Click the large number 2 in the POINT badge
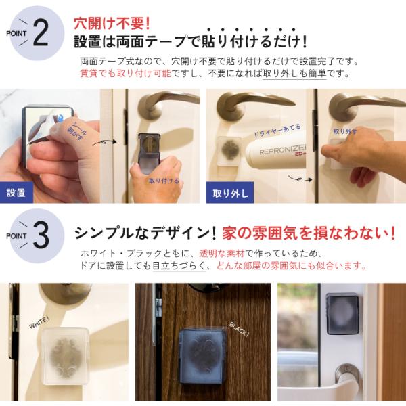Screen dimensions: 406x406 [41, 33]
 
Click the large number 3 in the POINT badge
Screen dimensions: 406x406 [41, 235]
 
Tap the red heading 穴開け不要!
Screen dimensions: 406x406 [112, 24]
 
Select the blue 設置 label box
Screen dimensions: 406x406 [16, 192]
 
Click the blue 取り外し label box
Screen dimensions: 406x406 [230, 193]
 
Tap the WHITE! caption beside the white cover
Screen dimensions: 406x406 [39, 323]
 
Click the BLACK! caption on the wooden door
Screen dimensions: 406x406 [239, 330]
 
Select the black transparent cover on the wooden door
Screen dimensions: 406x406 [201, 357]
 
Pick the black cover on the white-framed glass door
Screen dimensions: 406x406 [342, 314]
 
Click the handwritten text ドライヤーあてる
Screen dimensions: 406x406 [277, 131]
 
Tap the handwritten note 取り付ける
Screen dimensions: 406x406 [164, 181]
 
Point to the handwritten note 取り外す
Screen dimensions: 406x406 [345, 131]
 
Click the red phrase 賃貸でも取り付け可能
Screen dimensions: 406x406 [126, 74]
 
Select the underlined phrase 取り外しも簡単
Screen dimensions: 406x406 [294, 74]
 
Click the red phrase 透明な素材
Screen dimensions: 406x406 [222, 253]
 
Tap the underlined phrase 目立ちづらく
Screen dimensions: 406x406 [179, 265]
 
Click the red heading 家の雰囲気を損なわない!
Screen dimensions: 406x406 [309, 233]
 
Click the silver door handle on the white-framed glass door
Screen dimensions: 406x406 [347, 375]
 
